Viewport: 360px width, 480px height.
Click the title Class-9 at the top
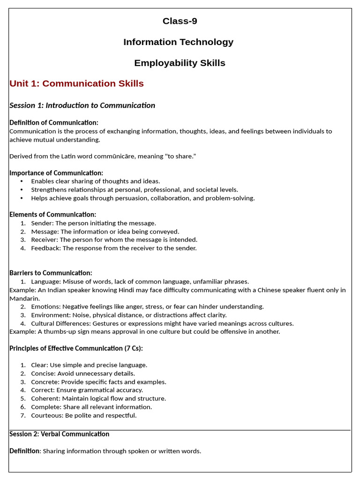coord(180,21)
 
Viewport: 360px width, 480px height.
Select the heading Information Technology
coord(178,42)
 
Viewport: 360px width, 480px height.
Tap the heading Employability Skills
coord(180,63)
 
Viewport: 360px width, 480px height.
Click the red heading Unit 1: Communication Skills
coord(76,83)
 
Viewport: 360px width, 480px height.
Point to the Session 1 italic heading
coord(82,105)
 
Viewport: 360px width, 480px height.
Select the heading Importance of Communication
coord(56,173)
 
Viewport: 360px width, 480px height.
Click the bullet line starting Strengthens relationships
coord(135,190)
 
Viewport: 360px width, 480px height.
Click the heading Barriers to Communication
coord(51,273)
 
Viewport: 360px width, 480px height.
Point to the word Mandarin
coord(24,299)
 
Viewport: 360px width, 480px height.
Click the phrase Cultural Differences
coord(60,323)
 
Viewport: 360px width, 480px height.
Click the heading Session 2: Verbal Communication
coord(59,434)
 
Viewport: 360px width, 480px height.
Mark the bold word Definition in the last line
coord(24,451)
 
